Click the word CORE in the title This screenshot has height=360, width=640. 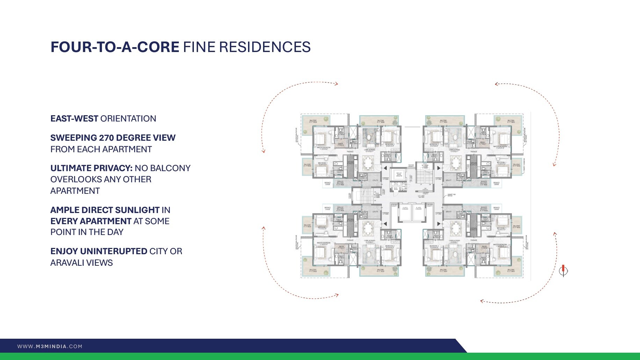pyautogui.click(x=158, y=47)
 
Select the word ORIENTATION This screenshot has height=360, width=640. pyautogui.click(x=128, y=119)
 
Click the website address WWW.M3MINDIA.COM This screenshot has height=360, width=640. pyautogui.click(x=50, y=346)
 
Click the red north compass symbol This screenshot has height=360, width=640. pyautogui.click(x=563, y=270)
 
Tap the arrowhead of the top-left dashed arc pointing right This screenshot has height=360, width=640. pyautogui.click(x=336, y=84)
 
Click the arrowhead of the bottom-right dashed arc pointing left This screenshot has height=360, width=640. pyautogui.click(x=482, y=301)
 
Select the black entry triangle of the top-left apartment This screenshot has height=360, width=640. pyautogui.click(x=385, y=168)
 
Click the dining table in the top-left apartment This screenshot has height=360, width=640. pyautogui.click(x=368, y=163)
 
